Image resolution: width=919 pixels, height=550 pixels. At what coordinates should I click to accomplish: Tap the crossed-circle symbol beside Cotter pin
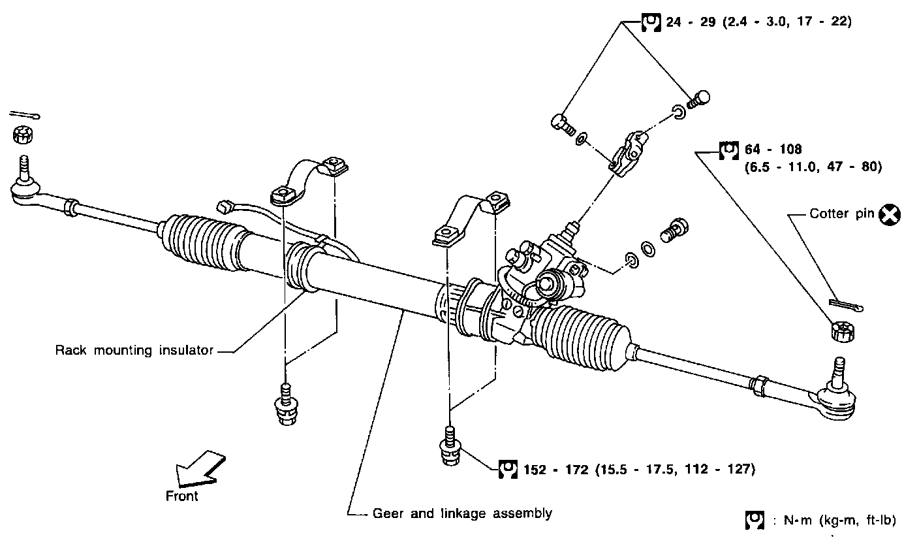point(890,214)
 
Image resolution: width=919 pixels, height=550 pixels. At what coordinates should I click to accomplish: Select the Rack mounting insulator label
point(134,351)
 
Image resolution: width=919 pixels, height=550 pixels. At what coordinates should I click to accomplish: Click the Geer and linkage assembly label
point(462,513)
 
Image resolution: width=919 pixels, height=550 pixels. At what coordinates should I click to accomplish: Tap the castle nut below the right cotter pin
point(843,331)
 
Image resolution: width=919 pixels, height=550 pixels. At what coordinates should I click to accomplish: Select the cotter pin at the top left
point(25,116)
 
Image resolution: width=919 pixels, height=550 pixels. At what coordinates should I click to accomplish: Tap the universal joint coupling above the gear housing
point(628,150)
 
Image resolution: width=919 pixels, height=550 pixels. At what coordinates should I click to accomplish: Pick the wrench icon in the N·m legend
point(754,521)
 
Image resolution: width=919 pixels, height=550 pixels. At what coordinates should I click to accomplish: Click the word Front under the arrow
point(182,496)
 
